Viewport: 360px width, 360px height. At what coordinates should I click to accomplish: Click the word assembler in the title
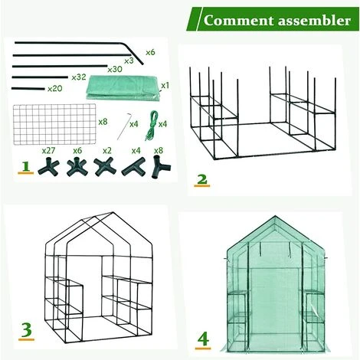click(x=309, y=19)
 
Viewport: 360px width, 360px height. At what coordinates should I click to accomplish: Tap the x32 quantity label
click(x=78, y=77)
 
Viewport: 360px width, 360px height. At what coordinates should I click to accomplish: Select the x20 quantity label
click(x=54, y=89)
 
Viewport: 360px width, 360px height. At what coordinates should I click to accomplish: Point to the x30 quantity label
click(x=115, y=69)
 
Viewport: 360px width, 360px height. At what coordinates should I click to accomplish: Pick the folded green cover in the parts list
click(x=123, y=85)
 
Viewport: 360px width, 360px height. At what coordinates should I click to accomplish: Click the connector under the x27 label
click(x=49, y=165)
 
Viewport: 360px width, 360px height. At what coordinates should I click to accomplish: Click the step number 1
click(x=25, y=167)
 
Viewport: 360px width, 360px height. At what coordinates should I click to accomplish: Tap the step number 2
click(x=201, y=180)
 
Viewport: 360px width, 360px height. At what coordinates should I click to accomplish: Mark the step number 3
click(x=25, y=331)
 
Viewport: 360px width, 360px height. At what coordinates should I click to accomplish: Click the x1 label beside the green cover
click(x=164, y=85)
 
